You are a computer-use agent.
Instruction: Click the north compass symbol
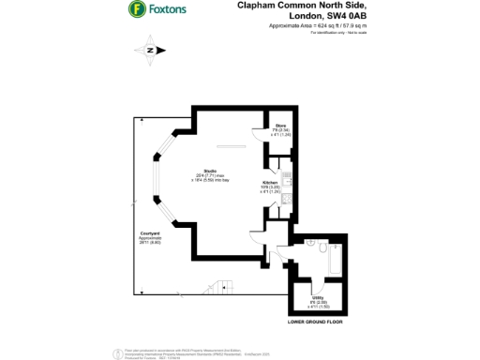150,50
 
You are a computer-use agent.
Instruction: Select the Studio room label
225,169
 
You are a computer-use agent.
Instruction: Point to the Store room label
280,125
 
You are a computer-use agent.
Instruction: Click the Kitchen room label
270,183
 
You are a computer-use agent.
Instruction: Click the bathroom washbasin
310,267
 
